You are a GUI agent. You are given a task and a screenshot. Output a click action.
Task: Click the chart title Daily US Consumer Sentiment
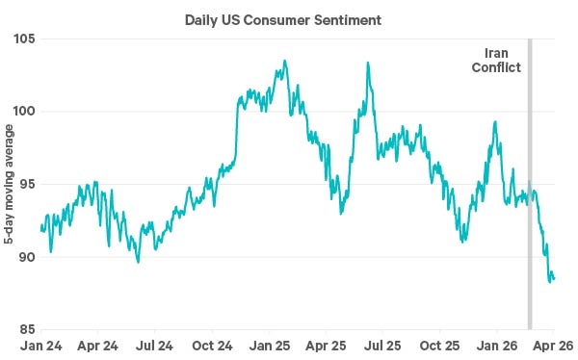288,18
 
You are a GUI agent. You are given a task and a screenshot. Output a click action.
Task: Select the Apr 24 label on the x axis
97,346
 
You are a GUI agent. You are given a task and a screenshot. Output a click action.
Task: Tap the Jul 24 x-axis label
154,346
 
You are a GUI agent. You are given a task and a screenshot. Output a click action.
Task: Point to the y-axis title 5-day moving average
8,183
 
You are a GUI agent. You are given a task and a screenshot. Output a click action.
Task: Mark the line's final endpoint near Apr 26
554,279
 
